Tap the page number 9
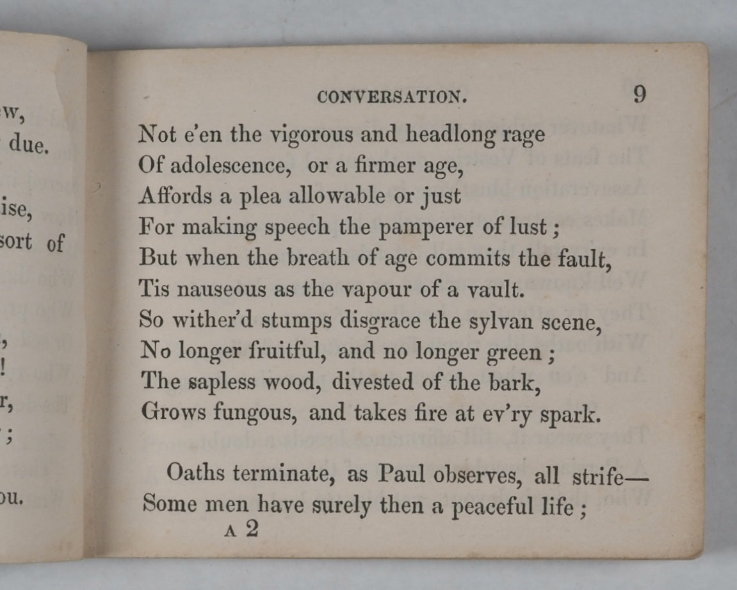pyautogui.click(x=640, y=95)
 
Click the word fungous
pyautogui.click(x=257, y=413)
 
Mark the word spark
pyautogui.click(x=574, y=414)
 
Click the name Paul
pyautogui.click(x=403, y=474)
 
